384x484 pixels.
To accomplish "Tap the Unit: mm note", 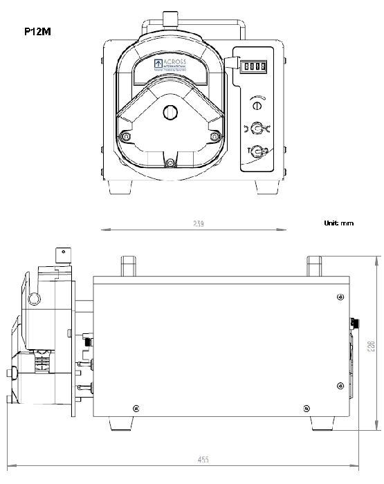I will pyautogui.click(x=338, y=223).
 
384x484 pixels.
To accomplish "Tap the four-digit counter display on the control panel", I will pyautogui.click(x=253, y=66).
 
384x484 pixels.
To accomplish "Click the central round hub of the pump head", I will pyautogui.click(x=170, y=113).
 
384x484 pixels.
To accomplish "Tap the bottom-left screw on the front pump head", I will pyautogui.click(x=125, y=136).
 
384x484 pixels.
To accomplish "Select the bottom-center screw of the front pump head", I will pyautogui.click(x=170, y=162).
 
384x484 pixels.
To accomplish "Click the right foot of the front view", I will pyautogui.click(x=267, y=187).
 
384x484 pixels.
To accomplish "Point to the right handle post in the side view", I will pyautogui.click(x=316, y=266).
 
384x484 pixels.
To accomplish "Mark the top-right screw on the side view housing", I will pyautogui.click(x=338, y=297).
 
